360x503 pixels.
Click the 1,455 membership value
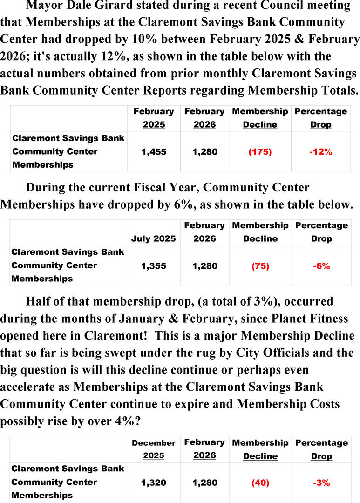(154, 152)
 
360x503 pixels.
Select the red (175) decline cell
(260, 152)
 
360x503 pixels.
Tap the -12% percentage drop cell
(321, 152)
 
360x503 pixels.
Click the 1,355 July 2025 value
(153, 266)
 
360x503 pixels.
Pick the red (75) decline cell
(260, 266)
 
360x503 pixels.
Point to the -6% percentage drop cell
(321, 266)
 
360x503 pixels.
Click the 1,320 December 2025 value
(153, 483)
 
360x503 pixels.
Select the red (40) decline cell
(260, 483)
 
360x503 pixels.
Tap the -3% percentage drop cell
(321, 483)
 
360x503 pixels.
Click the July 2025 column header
(153, 238)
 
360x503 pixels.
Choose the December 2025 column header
(153, 449)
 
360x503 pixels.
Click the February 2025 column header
(153, 118)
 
